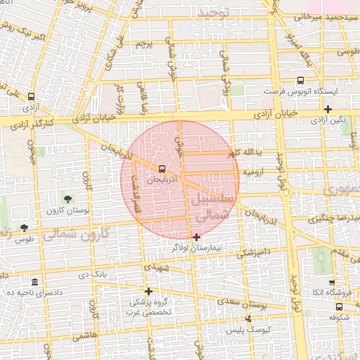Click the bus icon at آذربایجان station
[x=162, y=169]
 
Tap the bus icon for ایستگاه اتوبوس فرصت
[x=300, y=80]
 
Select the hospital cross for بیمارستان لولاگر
[x=196, y=237]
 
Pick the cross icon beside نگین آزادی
[x=328, y=108]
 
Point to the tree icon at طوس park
[x=25, y=227]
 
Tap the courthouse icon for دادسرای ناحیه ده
[x=35, y=281]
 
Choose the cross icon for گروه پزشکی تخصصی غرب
[x=148, y=291]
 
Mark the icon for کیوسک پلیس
[x=247, y=319]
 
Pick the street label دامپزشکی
[x=250, y=252]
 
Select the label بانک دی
[x=94, y=274]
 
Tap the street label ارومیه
[x=254, y=171]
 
